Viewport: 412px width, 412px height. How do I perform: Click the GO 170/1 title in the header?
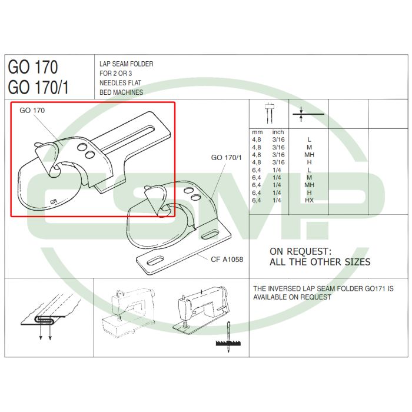tap(38, 87)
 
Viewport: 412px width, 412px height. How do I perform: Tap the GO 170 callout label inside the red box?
tap(32, 111)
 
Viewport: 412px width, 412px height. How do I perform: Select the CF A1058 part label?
tap(227, 260)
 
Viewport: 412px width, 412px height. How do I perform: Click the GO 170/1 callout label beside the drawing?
tap(226, 158)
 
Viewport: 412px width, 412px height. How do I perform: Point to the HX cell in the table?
tap(309, 200)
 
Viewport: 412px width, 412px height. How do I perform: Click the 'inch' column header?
tap(278, 132)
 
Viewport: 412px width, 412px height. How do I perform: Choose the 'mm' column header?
tap(257, 132)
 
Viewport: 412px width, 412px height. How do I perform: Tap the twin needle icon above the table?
tap(269, 113)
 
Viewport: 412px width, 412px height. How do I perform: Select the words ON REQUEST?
tap(301, 251)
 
